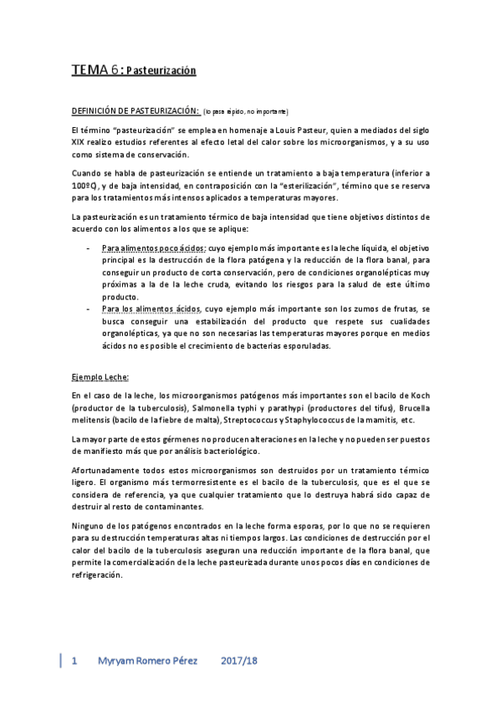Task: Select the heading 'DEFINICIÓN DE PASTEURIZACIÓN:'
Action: (x=135, y=111)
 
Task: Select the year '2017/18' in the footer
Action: (x=239, y=661)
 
